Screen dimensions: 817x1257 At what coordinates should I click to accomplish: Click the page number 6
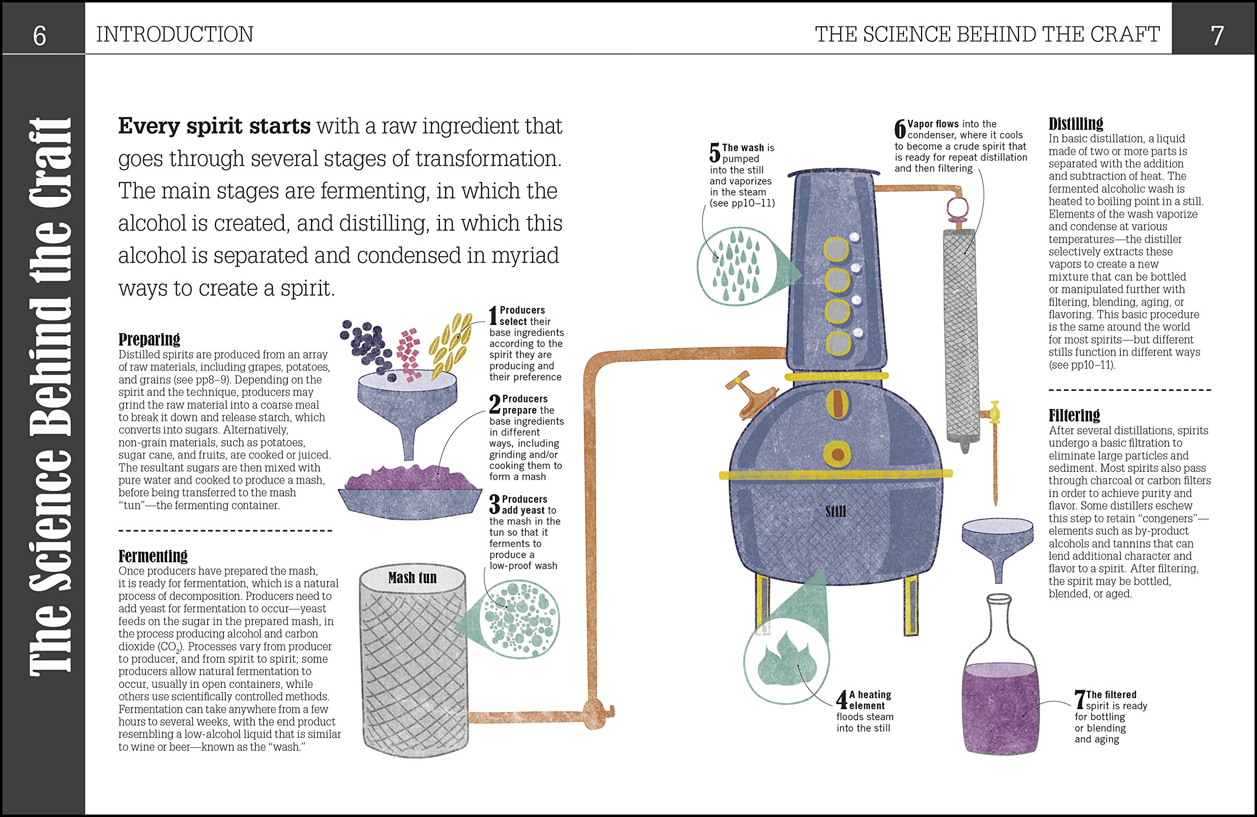(40, 36)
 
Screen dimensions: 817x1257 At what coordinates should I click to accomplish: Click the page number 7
(1217, 36)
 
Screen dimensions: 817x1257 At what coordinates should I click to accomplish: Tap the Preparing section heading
(149, 339)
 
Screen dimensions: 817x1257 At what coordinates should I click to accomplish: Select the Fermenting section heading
(153, 556)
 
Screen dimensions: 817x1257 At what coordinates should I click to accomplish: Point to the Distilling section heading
(1075, 124)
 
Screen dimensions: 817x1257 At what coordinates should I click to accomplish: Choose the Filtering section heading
(1074, 415)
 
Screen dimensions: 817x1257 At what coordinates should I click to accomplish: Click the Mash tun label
(412, 578)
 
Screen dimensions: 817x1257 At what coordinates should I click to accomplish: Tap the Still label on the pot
(836, 511)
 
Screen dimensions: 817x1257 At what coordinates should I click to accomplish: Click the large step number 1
(493, 316)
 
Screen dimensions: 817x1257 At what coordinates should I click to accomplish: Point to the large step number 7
(1080, 700)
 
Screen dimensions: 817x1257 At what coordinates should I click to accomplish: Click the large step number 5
(714, 153)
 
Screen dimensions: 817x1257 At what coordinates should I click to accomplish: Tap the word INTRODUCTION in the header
(174, 35)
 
